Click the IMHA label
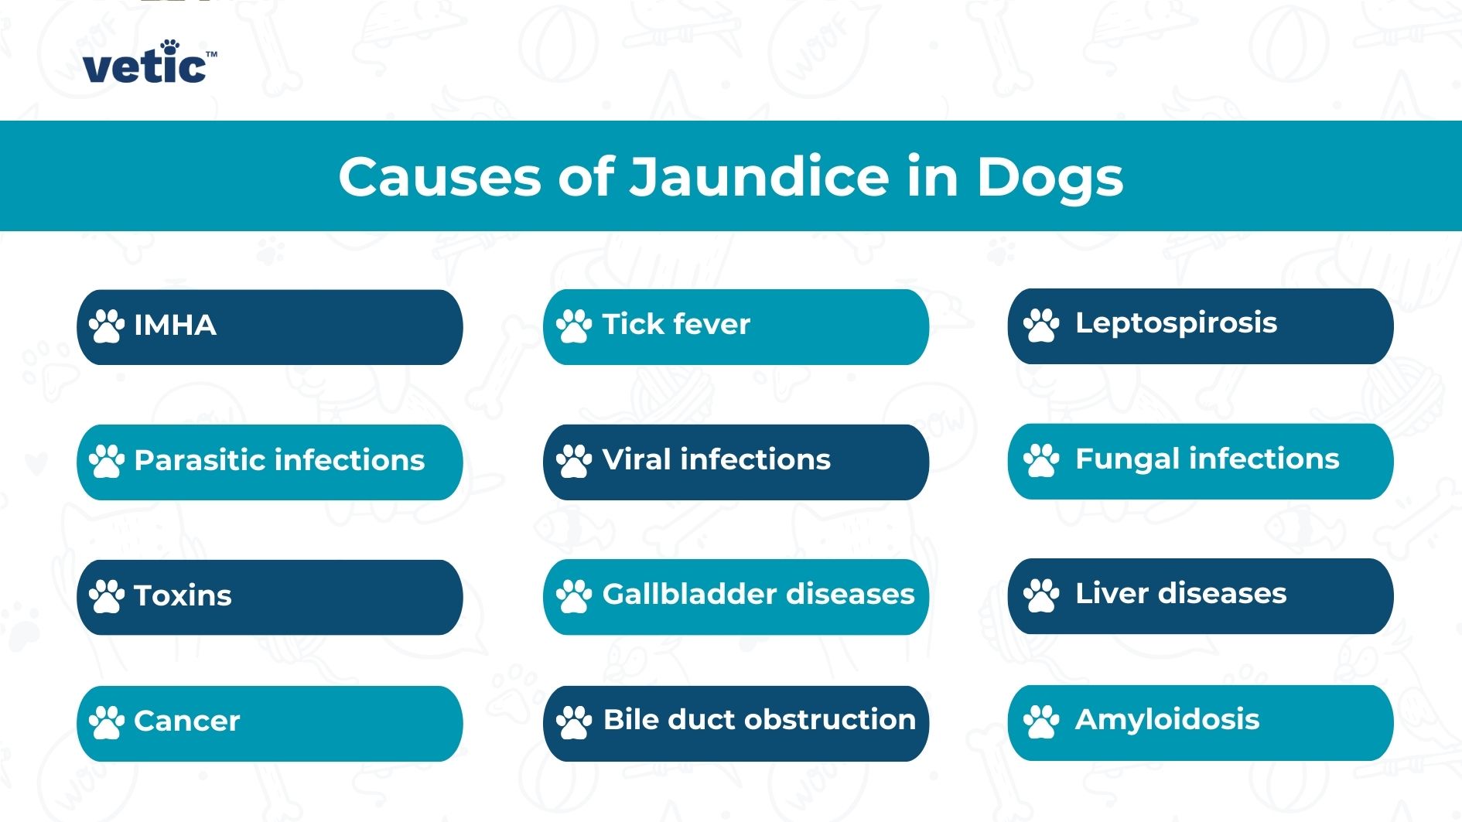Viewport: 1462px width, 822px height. pyautogui.click(x=175, y=326)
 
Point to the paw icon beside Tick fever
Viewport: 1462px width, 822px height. pyautogui.click(x=573, y=326)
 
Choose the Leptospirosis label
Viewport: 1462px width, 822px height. pyautogui.click(x=1175, y=323)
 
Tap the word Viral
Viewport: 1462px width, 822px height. pyautogui.click(x=636, y=459)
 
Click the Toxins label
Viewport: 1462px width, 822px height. pyautogui.click(x=183, y=595)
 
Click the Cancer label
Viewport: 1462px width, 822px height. pyautogui.click(x=186, y=721)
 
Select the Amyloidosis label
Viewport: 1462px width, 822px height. pyautogui.click(x=1167, y=720)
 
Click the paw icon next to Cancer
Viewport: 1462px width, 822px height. pyautogui.click(x=107, y=722)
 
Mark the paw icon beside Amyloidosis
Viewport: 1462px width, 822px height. pyautogui.click(x=1040, y=721)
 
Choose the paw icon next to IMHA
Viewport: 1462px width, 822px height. pyautogui.click(x=107, y=326)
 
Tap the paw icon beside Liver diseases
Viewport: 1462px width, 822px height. pyautogui.click(x=1040, y=595)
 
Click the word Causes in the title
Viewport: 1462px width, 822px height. pyautogui.click(x=439, y=177)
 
